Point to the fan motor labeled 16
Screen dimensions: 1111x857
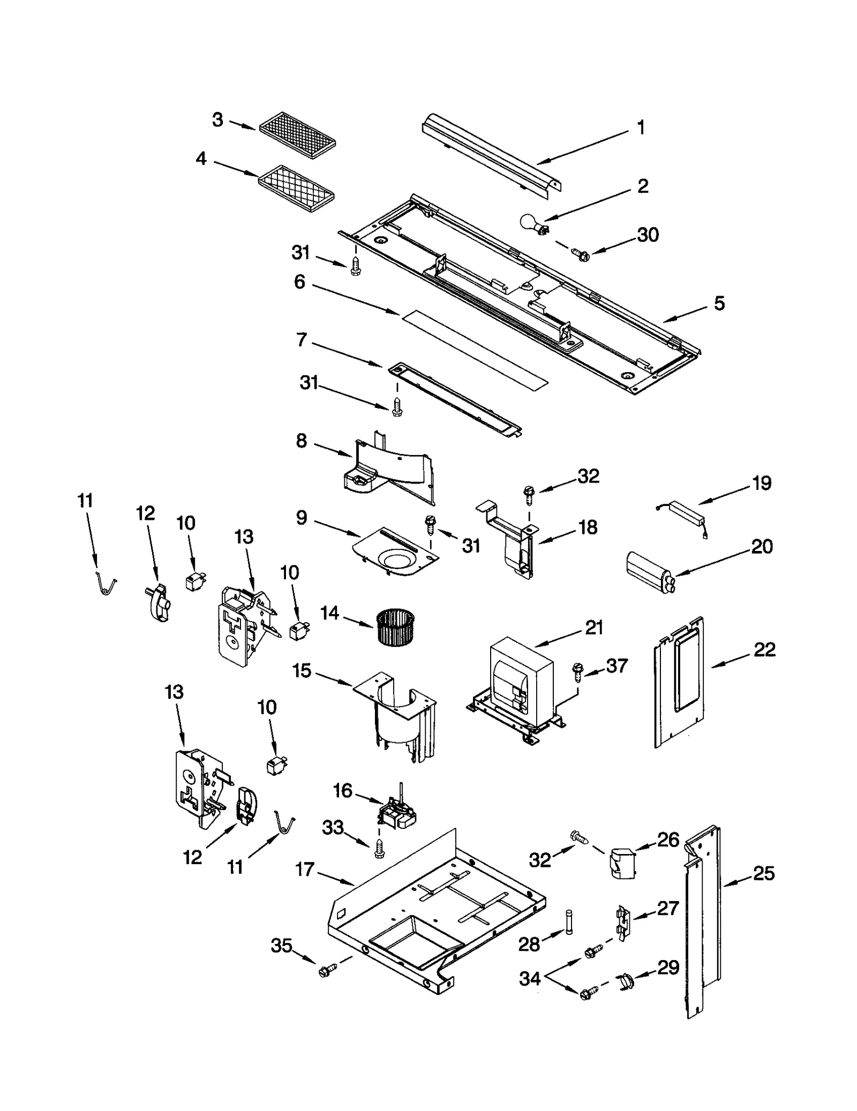click(x=397, y=813)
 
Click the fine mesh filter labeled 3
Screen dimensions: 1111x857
click(x=297, y=133)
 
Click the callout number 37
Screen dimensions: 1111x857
click(x=616, y=666)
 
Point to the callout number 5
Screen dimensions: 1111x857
click(x=719, y=303)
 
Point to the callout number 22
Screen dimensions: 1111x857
click(x=764, y=649)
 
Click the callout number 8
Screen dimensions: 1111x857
click(x=301, y=441)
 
